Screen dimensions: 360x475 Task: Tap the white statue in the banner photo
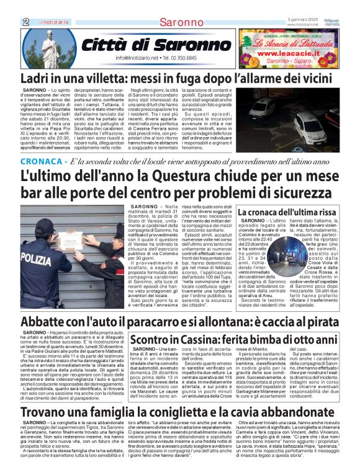click(x=48, y=48)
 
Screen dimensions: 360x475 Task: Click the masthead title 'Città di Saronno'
click(x=156, y=45)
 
